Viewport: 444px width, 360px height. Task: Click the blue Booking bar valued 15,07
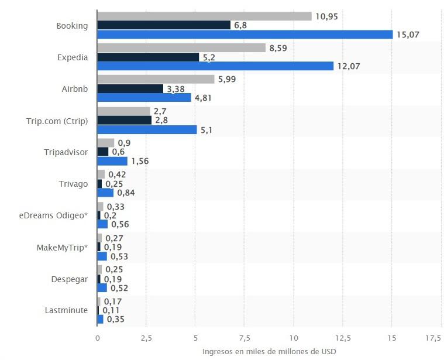tap(245, 35)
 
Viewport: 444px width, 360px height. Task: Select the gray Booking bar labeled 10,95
tap(204, 16)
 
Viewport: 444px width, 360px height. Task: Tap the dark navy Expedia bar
tap(148, 57)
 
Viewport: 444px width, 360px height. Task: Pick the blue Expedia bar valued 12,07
tap(215, 66)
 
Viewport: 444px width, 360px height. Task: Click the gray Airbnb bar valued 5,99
tap(156, 79)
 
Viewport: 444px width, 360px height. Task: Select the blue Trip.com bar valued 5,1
tap(147, 129)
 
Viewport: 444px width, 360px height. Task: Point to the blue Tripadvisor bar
tap(112, 161)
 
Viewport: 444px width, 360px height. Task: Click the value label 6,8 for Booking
tap(240, 25)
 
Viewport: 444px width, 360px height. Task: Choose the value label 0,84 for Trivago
tap(126, 193)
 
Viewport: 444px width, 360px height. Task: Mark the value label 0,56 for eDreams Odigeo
tap(120, 224)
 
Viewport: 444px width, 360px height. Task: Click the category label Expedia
tap(73, 57)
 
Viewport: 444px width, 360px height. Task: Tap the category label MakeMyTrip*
tap(62, 248)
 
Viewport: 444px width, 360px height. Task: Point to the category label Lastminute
tap(66, 310)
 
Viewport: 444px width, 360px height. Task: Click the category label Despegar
tap(69, 279)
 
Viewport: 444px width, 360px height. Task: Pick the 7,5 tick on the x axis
tap(245, 338)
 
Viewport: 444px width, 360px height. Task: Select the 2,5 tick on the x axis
tap(146, 338)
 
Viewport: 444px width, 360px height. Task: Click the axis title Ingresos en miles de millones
tap(269, 351)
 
